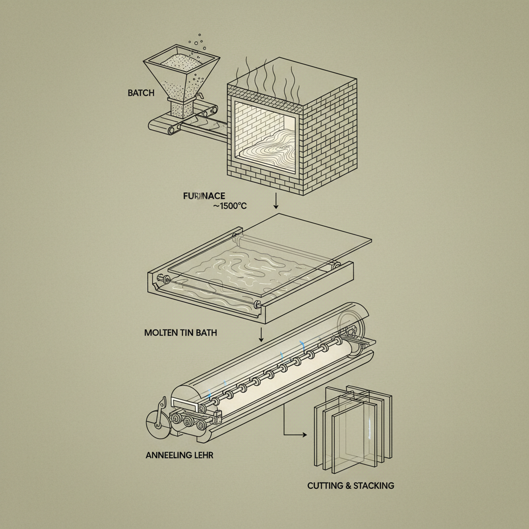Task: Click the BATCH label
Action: point(141,94)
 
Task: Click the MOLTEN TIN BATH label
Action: point(180,333)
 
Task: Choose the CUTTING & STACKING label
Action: point(350,486)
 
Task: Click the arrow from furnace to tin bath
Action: point(277,201)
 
